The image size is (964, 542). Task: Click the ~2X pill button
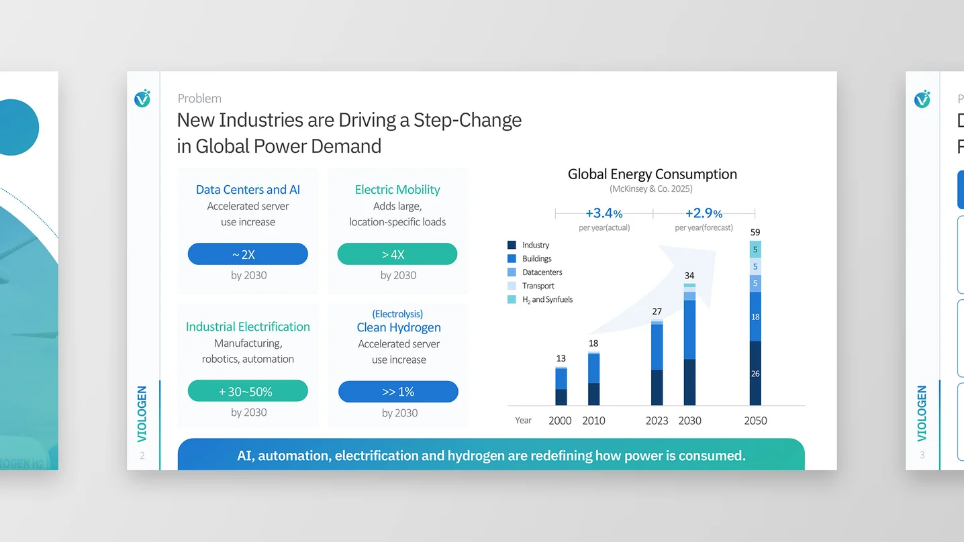[x=248, y=254]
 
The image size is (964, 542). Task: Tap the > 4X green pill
[x=397, y=254]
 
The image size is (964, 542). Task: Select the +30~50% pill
[x=248, y=391]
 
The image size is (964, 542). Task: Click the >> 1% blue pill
[x=398, y=392]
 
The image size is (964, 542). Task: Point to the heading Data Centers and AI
[x=248, y=189]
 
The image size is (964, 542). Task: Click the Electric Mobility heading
[x=397, y=189]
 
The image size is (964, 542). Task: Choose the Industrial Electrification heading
[x=248, y=327]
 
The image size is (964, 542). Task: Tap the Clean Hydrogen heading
[x=399, y=327]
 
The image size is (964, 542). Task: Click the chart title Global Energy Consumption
[x=653, y=174]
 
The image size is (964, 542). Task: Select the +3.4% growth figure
[x=604, y=213]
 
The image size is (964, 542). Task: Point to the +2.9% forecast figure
[x=704, y=213]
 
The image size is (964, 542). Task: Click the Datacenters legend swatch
[x=512, y=272]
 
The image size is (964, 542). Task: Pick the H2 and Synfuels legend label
[x=547, y=299]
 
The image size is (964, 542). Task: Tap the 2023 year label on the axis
[x=657, y=421]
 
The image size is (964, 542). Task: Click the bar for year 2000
[x=561, y=386]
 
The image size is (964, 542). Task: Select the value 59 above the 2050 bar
[x=755, y=232]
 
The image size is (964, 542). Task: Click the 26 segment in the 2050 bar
[x=755, y=374]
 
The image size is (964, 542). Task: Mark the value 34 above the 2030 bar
[x=689, y=275]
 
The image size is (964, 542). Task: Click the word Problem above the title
[x=199, y=99]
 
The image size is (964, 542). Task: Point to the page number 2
[x=142, y=455]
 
